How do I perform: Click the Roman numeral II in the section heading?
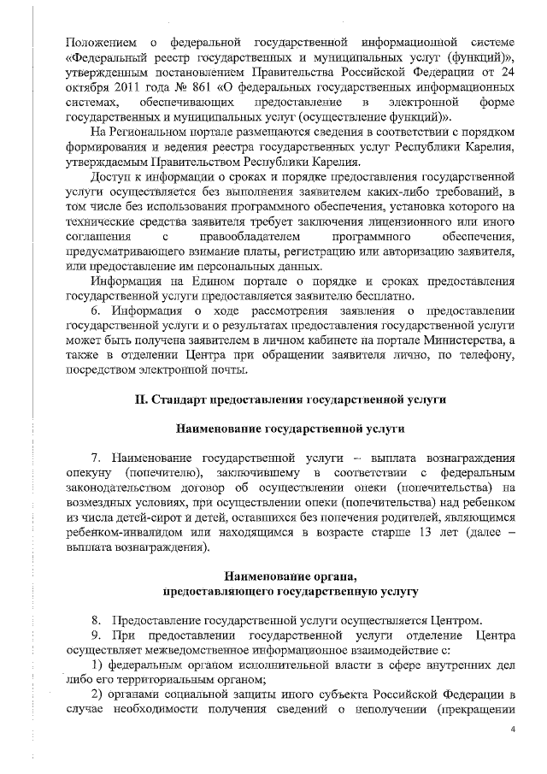coord(141,399)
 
